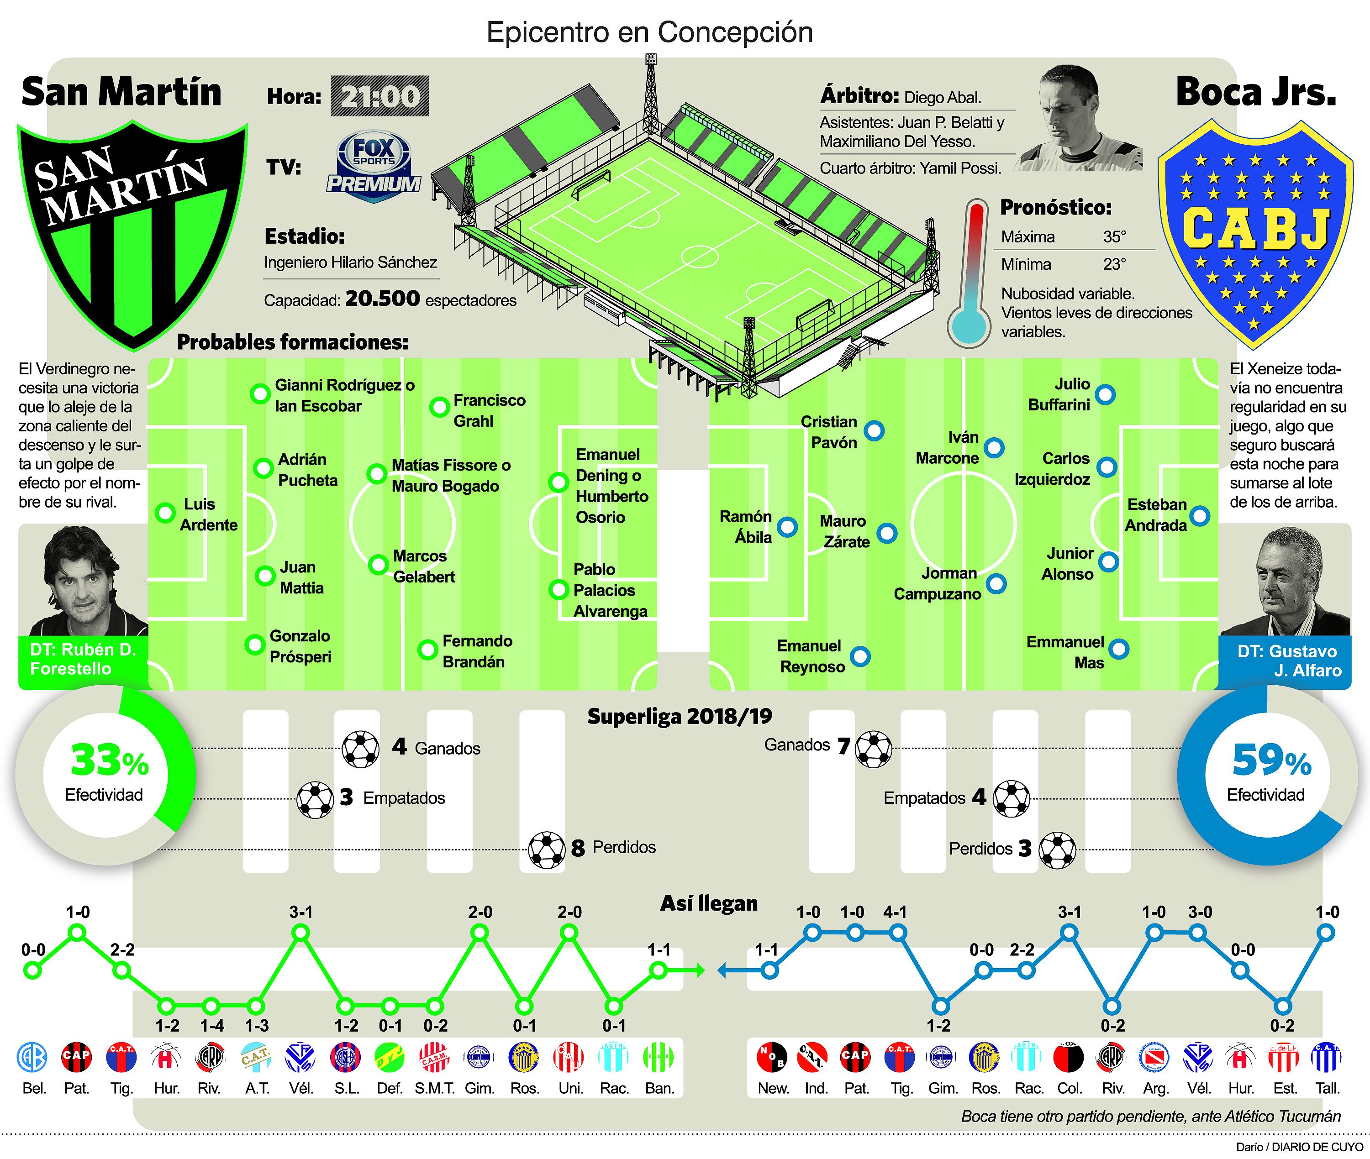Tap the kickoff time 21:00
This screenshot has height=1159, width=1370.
pos(379,97)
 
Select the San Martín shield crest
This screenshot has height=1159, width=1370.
pos(132,233)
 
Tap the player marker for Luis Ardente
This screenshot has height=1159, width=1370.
pos(165,513)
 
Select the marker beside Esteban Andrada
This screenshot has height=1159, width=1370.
pos(1200,516)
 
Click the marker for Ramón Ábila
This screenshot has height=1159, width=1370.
pos(787,527)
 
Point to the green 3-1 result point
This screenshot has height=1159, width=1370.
pos(301,932)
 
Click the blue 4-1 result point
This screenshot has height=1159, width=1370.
pos(898,932)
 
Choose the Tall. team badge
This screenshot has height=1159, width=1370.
pos(1327,1057)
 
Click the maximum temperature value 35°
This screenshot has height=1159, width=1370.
pos(1114,236)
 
